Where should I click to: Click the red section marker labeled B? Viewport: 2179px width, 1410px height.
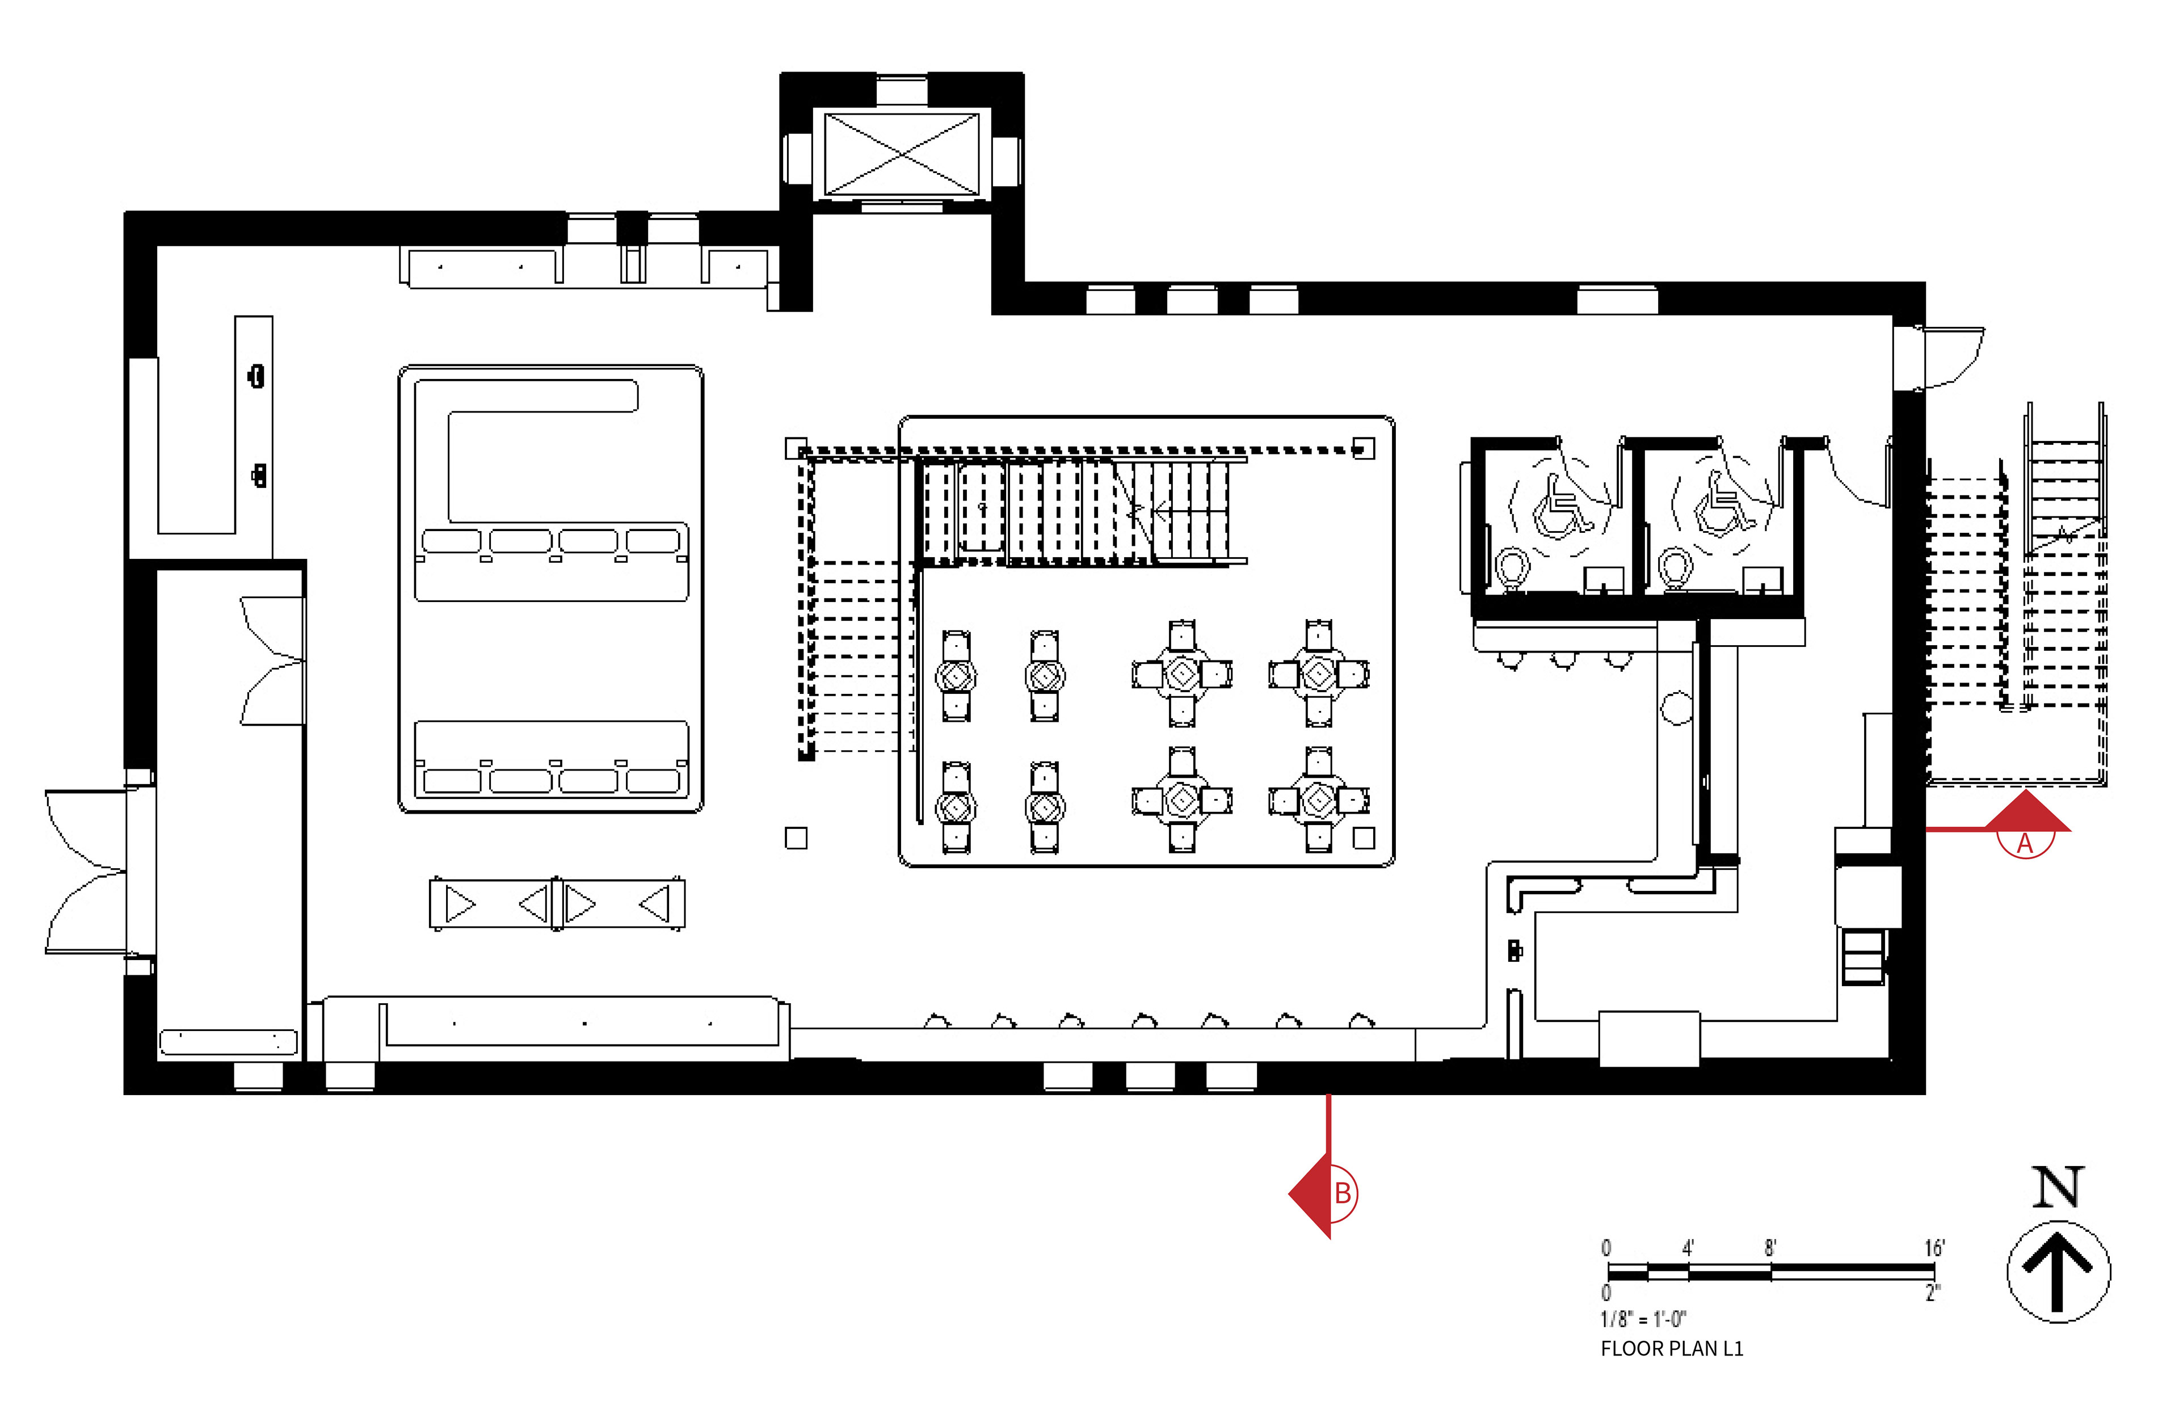[1326, 1194]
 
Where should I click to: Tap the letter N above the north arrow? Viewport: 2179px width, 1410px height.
[2058, 1188]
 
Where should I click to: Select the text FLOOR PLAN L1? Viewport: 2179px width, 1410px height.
[1672, 1349]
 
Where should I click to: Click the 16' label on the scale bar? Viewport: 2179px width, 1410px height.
[1934, 1248]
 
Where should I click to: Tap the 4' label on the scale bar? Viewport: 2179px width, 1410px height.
[1688, 1248]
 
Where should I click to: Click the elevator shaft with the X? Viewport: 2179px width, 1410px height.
[902, 154]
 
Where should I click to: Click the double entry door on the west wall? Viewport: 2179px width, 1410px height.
[87, 872]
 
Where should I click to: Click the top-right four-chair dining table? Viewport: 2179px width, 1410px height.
[1318, 674]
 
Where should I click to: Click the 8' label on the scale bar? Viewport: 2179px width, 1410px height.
[1770, 1248]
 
